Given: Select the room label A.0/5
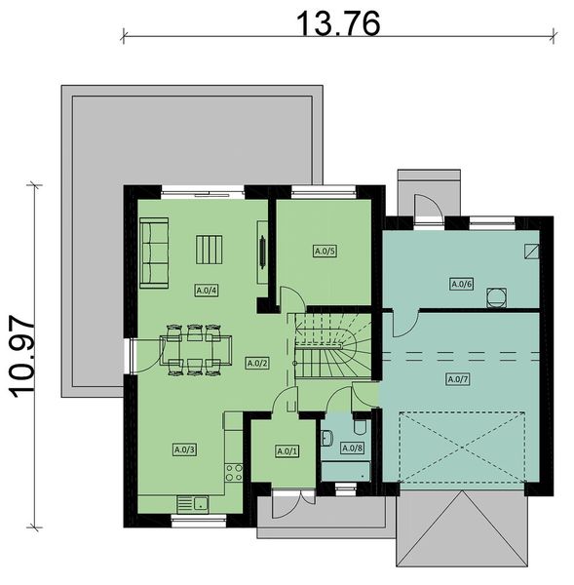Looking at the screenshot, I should [x=325, y=252].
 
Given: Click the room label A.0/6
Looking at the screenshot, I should [x=461, y=285].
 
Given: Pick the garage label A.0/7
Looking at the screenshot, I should [x=454, y=378].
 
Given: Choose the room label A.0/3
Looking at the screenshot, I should [x=184, y=449].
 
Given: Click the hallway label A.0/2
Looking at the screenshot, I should [x=257, y=363].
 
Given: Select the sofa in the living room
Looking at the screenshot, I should [x=153, y=253].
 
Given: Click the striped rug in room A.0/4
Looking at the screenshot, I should [x=209, y=251].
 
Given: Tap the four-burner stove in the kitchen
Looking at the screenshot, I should [x=234, y=473].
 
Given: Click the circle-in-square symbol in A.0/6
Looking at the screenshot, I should [x=498, y=293].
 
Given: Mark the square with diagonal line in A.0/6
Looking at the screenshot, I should [x=529, y=251].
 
